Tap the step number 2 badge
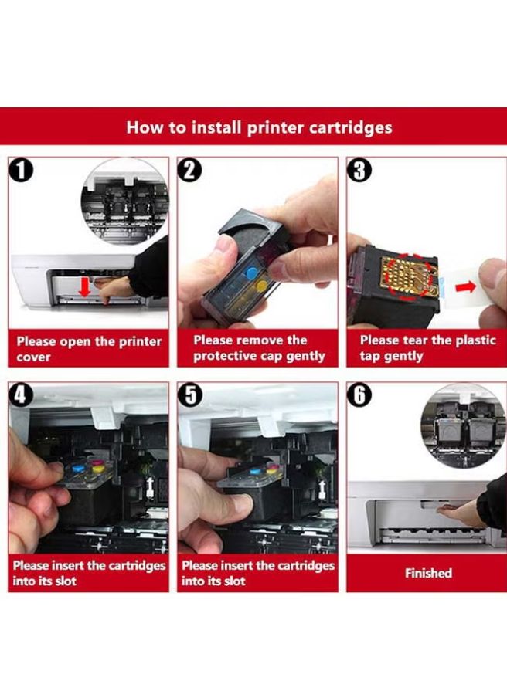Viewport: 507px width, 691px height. (190, 170)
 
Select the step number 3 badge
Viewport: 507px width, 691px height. (359, 170)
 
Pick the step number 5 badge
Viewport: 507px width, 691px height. (190, 395)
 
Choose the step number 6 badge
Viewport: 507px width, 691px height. (359, 395)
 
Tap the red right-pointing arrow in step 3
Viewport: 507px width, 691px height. (465, 287)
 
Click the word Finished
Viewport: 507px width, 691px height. (428, 573)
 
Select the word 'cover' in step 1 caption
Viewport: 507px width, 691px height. (33, 357)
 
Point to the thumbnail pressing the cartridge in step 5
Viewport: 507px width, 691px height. (238, 503)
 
